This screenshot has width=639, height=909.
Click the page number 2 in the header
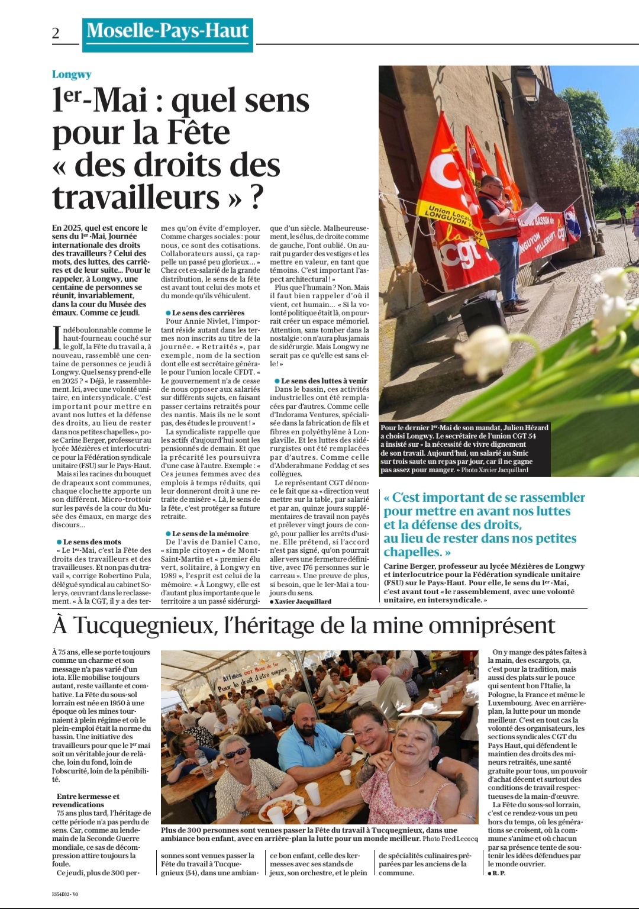point(56,33)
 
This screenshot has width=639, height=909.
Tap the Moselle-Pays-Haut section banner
point(167,31)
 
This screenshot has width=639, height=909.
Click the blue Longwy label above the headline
point(72,75)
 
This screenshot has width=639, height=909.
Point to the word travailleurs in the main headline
point(136,197)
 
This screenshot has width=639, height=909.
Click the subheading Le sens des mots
point(92,542)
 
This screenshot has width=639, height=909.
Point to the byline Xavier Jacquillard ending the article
point(303,602)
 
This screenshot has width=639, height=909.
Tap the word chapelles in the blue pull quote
point(412,552)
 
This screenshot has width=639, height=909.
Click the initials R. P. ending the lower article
point(499,873)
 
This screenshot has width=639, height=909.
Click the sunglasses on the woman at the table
point(235,753)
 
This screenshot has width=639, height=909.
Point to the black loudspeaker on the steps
point(482,314)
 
